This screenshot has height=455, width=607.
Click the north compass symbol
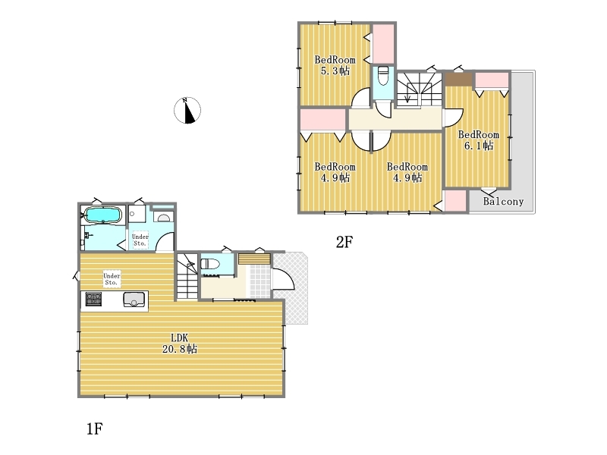coord(187,111)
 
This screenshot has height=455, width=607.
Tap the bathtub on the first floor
coord(103,215)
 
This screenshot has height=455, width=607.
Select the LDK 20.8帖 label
coord(180,344)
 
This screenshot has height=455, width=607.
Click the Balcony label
coord(503,201)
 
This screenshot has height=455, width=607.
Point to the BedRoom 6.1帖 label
coord(479,140)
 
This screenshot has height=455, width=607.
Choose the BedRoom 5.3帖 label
coord(335,65)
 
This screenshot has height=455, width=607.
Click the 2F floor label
coord(344,242)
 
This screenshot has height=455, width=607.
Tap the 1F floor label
coord(94,428)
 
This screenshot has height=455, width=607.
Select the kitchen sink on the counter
coord(134,300)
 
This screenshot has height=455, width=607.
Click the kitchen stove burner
coord(93,299)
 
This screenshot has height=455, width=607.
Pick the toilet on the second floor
coord(383,76)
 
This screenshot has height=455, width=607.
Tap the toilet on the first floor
coord(210,264)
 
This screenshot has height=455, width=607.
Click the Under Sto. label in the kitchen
coord(112,279)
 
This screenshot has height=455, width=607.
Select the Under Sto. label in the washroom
coord(140,240)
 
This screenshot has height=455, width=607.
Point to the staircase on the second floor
coord(420,89)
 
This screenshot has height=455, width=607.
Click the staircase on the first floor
coord(187,276)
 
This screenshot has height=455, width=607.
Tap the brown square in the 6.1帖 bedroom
coord(458,80)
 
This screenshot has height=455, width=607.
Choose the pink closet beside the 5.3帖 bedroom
coord(383,43)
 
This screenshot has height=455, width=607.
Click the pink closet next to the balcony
coord(455,201)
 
